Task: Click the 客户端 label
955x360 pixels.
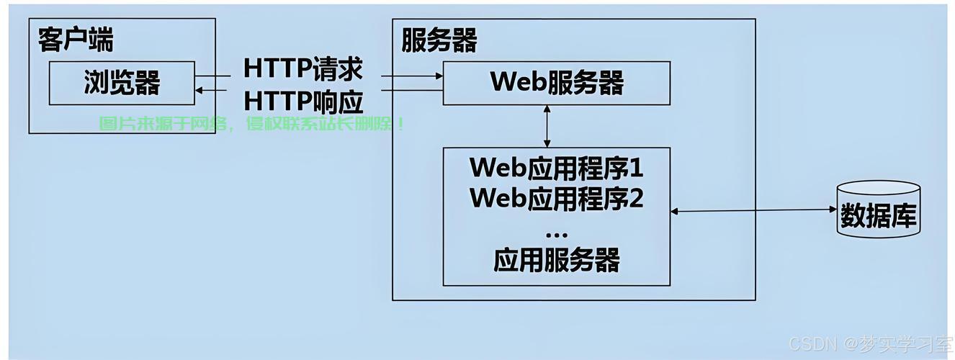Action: pos(76,40)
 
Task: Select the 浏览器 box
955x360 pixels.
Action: pos(122,83)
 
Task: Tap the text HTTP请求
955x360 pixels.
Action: pos(303,69)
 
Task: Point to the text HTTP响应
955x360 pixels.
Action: pos(303,101)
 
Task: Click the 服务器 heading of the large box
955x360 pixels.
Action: pos(439,41)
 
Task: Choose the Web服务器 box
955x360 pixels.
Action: pos(556,83)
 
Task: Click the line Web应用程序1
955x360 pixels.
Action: pos(556,168)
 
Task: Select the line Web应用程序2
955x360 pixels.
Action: pos(556,197)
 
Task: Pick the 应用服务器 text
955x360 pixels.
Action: pos(556,260)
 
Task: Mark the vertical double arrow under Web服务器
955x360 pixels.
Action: pos(547,126)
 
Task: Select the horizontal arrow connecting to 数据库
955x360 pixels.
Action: pos(753,211)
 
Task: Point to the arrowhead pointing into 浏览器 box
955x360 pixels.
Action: pos(199,90)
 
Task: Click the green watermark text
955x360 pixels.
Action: pos(251,124)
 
